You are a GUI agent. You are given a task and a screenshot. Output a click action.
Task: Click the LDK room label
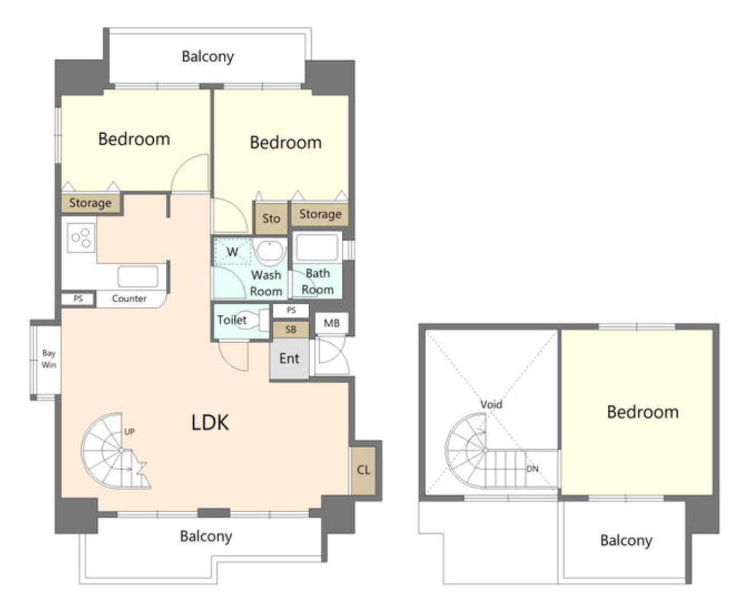click(x=210, y=422)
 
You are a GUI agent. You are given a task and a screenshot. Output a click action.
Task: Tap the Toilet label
click(x=232, y=320)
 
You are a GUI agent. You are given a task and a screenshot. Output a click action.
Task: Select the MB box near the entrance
click(x=332, y=323)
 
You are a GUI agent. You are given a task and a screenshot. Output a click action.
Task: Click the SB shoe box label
click(x=291, y=329)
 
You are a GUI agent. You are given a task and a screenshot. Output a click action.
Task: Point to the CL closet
click(x=363, y=470)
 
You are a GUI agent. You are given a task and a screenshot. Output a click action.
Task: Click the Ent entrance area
click(x=289, y=359)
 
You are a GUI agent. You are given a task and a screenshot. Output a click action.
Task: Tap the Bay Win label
click(x=49, y=359)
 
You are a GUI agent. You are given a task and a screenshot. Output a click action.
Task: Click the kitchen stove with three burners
click(x=82, y=237)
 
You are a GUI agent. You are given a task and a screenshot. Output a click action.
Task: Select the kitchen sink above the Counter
click(x=138, y=276)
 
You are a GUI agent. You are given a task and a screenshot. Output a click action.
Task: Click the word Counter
click(x=129, y=298)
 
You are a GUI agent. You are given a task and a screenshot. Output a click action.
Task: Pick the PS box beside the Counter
click(x=78, y=299)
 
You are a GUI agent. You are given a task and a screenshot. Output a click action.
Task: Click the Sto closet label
click(x=271, y=219)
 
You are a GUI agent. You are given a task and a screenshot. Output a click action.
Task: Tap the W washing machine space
click(x=232, y=251)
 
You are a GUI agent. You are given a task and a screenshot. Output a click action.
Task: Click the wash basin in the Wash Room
click(x=270, y=251)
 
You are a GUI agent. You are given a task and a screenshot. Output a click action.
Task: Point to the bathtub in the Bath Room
click(x=317, y=247)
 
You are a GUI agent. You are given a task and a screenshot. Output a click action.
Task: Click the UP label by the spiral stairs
click(x=129, y=431)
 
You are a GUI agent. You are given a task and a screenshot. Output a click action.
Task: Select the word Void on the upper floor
click(x=491, y=405)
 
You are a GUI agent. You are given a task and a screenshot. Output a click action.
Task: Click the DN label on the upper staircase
click(x=532, y=469)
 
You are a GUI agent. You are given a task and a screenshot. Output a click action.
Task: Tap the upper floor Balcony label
click(x=626, y=541)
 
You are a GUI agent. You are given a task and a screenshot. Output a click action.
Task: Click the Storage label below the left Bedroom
click(x=90, y=203)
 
